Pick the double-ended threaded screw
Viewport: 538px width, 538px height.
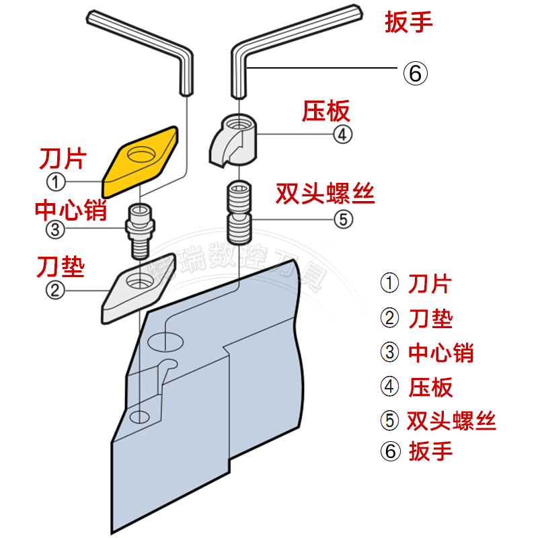tap(239, 210)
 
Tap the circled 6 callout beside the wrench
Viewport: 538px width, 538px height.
tap(415, 73)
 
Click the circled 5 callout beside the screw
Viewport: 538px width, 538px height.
tap(342, 219)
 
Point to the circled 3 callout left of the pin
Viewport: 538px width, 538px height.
tap(55, 229)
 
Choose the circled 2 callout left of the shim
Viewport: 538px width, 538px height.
tap(55, 290)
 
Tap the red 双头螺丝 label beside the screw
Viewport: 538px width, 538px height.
tap(325, 194)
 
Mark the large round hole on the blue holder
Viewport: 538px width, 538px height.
tap(165, 341)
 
